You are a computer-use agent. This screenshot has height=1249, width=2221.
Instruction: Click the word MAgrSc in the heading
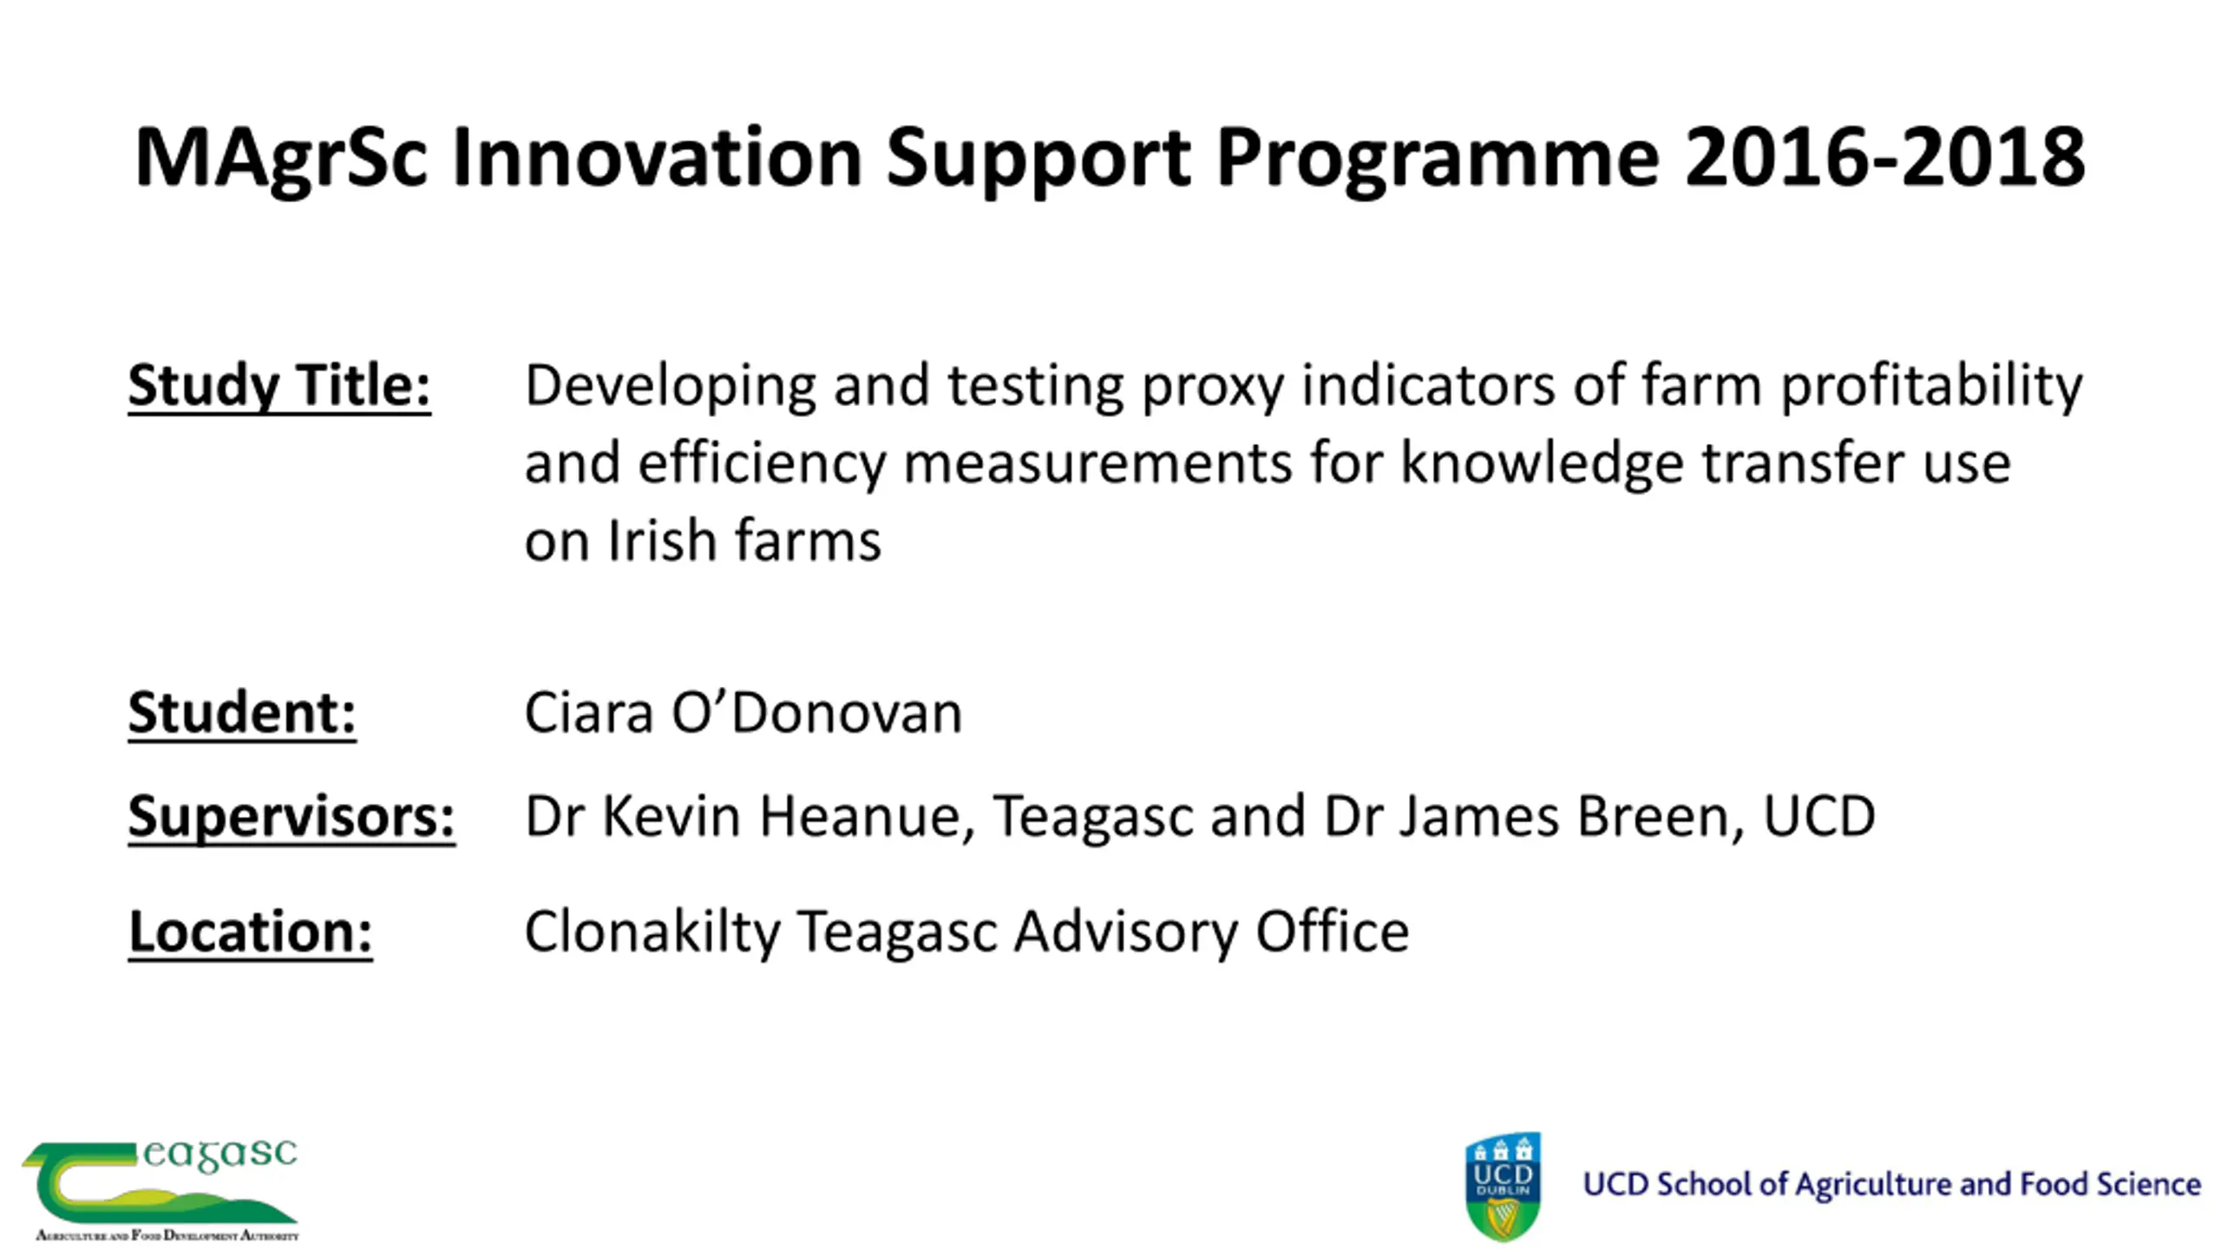pyautogui.click(x=281, y=159)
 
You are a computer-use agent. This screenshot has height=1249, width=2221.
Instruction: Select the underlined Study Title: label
pyautogui.click(x=279, y=387)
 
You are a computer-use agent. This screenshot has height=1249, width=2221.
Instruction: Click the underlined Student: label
pyautogui.click(x=242, y=714)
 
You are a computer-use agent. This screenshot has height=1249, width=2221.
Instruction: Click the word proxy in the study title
pyautogui.click(x=1212, y=388)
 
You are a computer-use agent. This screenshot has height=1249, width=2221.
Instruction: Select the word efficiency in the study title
pyautogui.click(x=762, y=464)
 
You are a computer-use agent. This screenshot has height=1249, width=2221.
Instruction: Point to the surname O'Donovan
pyautogui.click(x=816, y=713)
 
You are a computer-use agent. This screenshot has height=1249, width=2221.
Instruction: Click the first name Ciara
pyautogui.click(x=589, y=713)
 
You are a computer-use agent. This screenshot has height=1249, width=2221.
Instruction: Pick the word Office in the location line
pyautogui.click(x=1333, y=931)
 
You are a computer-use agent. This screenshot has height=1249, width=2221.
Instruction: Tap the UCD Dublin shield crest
pyautogui.click(x=1504, y=1186)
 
